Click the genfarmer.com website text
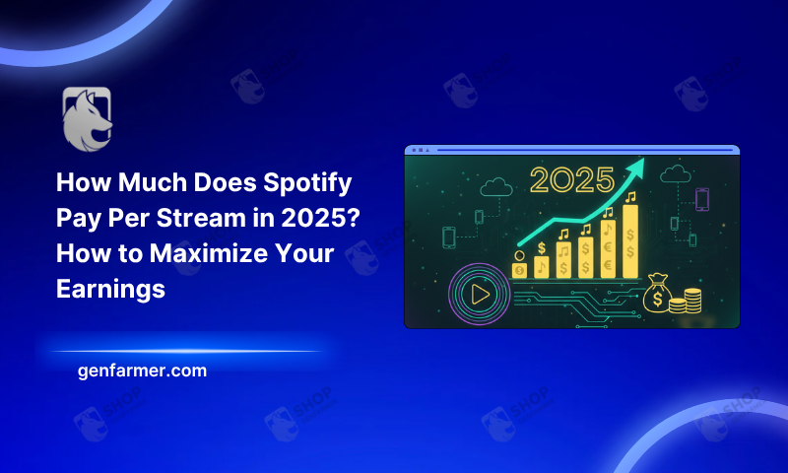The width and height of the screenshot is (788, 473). (142, 372)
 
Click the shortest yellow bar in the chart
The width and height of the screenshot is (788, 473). (519, 268)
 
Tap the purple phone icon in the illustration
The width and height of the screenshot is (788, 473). (702, 199)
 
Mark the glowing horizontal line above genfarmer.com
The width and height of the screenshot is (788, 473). (187, 351)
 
